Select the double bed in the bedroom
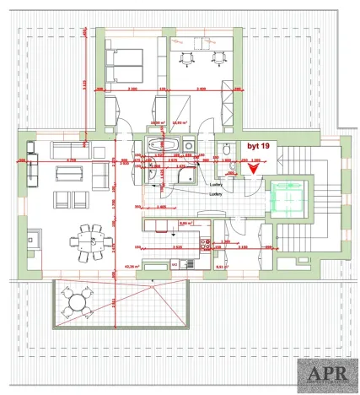[x=125, y=61]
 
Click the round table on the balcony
[x=78, y=301]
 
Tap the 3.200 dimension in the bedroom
[x=132, y=89]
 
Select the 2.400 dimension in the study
[x=199, y=89]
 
